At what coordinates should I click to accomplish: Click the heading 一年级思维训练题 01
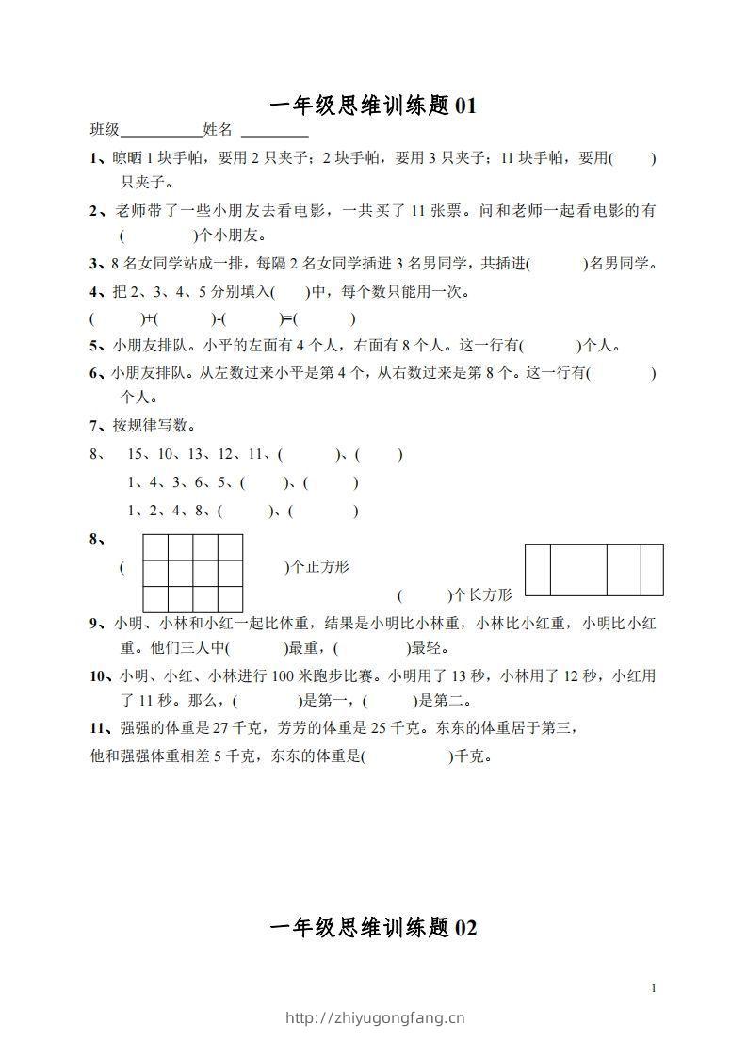coord(373,106)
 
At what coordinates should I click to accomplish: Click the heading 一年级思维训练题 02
coord(373,928)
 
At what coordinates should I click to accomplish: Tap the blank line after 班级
coord(162,130)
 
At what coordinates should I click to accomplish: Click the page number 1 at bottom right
coord(653,987)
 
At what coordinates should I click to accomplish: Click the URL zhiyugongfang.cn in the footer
coord(374,1017)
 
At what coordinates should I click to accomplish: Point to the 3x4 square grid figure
coord(192,573)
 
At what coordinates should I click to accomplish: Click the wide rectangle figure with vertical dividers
coord(593,570)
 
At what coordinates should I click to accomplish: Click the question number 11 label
coord(100,727)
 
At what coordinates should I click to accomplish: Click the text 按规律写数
coord(154,426)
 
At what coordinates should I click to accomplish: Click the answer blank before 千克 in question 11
coord(407,756)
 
